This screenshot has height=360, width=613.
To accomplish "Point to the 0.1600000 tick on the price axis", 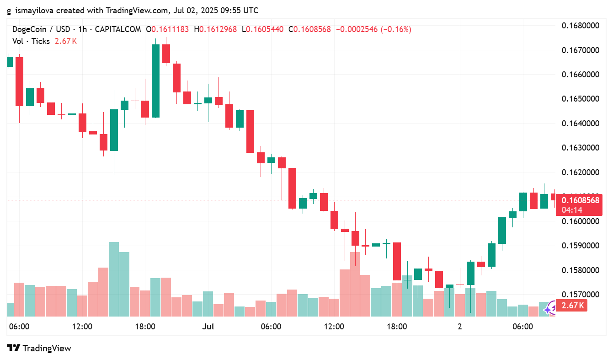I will (x=580, y=221).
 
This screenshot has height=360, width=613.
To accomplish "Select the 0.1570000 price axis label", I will (x=580, y=295).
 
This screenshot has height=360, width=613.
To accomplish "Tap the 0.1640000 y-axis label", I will (x=580, y=124).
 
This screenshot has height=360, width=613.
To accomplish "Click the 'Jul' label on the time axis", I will (x=208, y=327).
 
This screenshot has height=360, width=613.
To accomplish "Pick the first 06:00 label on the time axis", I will (x=19, y=327).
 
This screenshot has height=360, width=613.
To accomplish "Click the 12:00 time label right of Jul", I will (x=334, y=327).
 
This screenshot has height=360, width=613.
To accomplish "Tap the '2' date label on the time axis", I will (x=460, y=327).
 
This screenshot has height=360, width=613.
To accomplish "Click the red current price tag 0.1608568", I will (x=580, y=200).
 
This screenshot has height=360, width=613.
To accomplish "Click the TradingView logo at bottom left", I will (x=39, y=348).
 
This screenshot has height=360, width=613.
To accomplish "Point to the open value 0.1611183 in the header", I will (x=170, y=29).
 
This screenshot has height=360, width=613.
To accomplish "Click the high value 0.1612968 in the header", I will (x=218, y=29).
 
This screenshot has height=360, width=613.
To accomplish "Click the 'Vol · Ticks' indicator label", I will (x=31, y=41).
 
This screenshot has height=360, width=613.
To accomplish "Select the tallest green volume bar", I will (x=114, y=279).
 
